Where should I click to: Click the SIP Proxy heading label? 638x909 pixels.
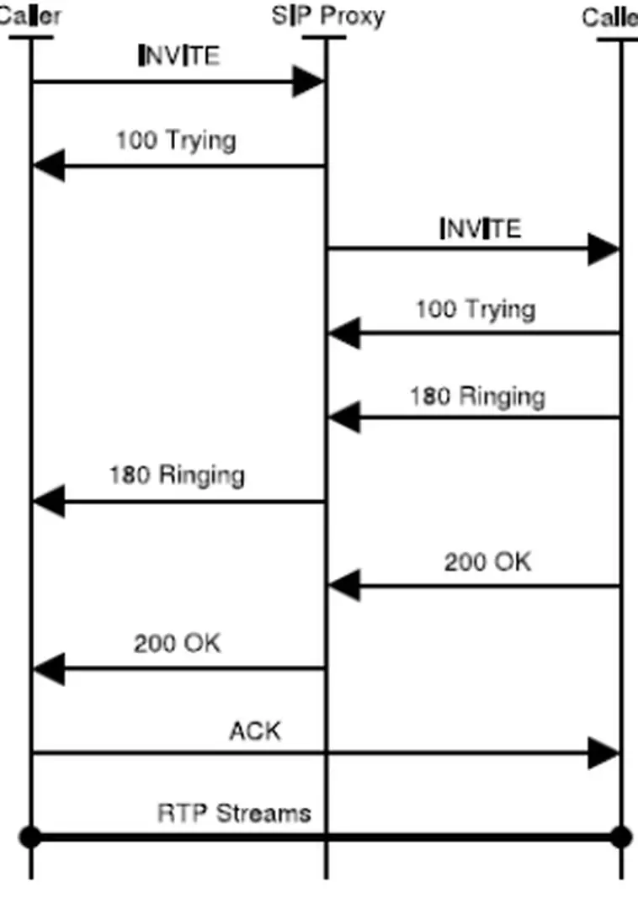pyautogui.click(x=327, y=16)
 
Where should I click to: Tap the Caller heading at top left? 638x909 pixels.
pyautogui.click(x=30, y=16)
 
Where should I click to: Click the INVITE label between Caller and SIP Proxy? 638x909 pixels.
pyautogui.click(x=178, y=56)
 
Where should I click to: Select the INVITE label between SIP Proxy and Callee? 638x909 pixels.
pyautogui.click(x=481, y=228)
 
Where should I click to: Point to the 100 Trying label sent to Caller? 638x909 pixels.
pyautogui.click(x=175, y=140)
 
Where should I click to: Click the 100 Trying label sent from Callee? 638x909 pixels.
pyautogui.click(x=475, y=310)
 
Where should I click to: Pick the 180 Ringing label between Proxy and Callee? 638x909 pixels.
pyautogui.click(x=477, y=396)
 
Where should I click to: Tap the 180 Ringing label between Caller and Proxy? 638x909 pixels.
pyautogui.click(x=177, y=476)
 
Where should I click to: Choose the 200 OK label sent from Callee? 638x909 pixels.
pyautogui.click(x=487, y=561)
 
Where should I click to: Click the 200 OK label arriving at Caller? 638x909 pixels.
pyautogui.click(x=177, y=644)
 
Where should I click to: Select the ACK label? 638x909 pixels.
pyautogui.click(x=254, y=731)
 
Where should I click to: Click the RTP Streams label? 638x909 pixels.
pyautogui.click(x=234, y=814)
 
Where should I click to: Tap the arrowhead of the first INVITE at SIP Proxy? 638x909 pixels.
pyautogui.click(x=309, y=82)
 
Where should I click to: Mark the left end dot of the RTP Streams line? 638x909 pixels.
pyautogui.click(x=31, y=837)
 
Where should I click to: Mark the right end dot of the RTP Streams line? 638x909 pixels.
pyautogui.click(x=621, y=837)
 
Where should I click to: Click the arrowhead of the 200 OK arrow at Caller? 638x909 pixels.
pyautogui.click(x=48, y=669)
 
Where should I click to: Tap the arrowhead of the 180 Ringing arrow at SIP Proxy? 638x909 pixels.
pyautogui.click(x=343, y=417)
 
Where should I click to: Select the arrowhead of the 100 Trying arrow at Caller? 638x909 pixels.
pyautogui.click(x=48, y=166)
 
